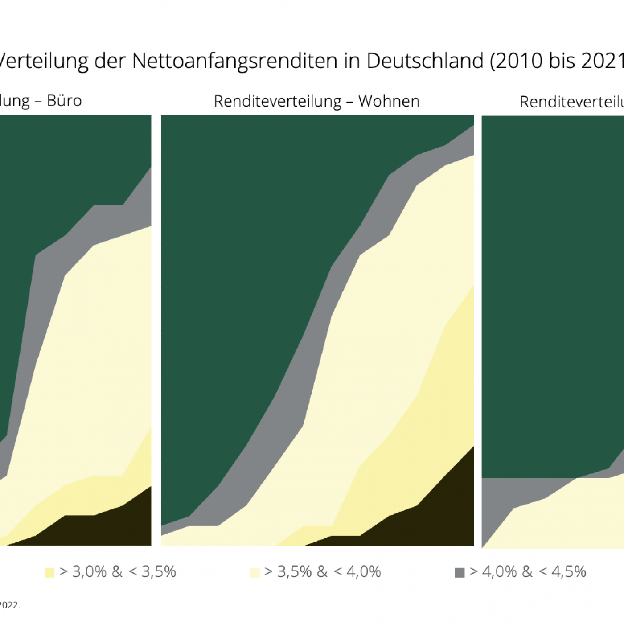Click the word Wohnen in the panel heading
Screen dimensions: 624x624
(x=389, y=102)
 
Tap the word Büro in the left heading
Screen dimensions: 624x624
(x=64, y=101)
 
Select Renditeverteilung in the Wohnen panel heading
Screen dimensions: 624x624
(x=277, y=102)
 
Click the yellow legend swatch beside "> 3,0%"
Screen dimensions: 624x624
(x=49, y=572)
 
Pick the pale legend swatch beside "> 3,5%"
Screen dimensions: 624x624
(x=255, y=572)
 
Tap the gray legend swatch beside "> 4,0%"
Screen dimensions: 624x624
(x=460, y=572)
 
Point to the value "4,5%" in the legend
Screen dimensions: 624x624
(x=568, y=571)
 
